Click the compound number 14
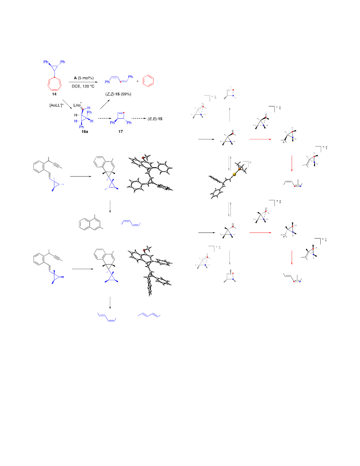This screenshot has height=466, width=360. [x=54, y=94]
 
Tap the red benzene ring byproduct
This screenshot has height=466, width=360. [x=148, y=81]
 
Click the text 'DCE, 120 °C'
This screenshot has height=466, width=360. [x=83, y=86]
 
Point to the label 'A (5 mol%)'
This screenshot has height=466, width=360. [x=84, y=78]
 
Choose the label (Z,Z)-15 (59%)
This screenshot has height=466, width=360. [x=118, y=94]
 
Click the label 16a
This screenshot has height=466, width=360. [x=85, y=132]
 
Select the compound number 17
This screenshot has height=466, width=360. [x=120, y=132]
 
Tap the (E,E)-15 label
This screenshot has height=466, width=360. [x=155, y=119]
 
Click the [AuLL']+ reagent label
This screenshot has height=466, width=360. [x=56, y=105]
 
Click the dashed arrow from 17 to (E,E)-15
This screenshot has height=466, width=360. [x=139, y=119]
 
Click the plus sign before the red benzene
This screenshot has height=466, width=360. [x=138, y=81]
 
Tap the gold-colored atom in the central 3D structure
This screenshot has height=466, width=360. [x=234, y=174]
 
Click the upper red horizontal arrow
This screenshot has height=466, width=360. [x=260, y=139]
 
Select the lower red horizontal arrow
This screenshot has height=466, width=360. [x=260, y=233]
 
